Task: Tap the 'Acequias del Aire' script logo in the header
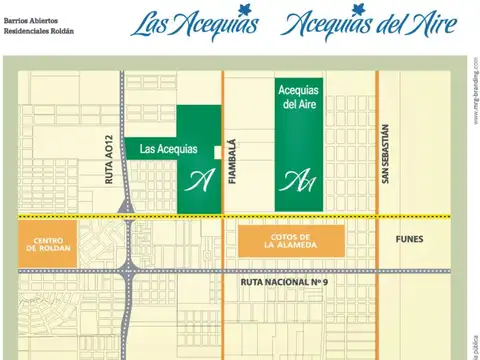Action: coord(369,26)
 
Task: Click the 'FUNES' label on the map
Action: coord(409,239)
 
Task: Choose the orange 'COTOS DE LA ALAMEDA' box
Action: coord(290,239)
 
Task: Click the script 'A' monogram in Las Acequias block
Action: coord(199,181)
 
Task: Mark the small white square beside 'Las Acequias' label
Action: coord(218,151)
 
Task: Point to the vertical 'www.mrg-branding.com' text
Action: coord(474,84)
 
